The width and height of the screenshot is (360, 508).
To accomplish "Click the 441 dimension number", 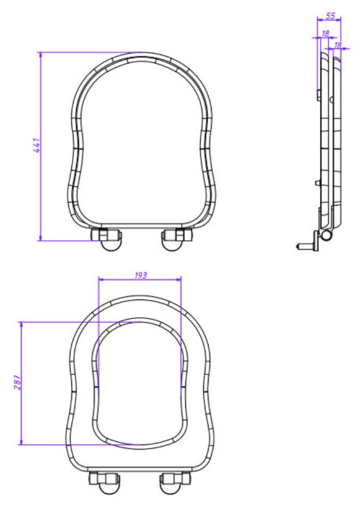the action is click(x=37, y=146).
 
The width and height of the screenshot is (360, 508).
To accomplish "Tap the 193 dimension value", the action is click(x=141, y=275).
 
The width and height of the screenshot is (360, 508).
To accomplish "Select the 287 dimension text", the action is click(x=18, y=382).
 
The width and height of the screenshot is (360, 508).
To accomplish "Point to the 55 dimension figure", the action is click(x=330, y=16).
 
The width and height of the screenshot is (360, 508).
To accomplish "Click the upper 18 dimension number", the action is click(x=326, y=33).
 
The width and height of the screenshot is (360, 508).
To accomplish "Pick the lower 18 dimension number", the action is click(x=338, y=45).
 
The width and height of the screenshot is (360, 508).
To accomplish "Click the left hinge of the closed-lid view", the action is click(x=107, y=239).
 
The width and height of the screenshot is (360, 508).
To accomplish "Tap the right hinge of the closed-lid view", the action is click(x=177, y=239).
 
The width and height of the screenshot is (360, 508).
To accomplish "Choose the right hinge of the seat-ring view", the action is click(x=175, y=483).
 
